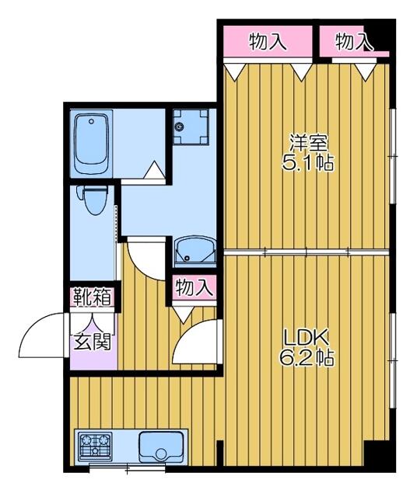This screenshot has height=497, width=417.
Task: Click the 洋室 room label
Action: [x=308, y=144]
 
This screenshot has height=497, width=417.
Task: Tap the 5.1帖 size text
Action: [x=308, y=163]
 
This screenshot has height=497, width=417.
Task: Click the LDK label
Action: [x=306, y=339]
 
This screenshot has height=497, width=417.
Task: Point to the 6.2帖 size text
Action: [x=307, y=358]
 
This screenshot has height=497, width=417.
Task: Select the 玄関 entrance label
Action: [x=93, y=342]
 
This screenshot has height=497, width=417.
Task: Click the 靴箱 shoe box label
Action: [x=93, y=297]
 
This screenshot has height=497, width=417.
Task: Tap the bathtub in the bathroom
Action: [x=91, y=144]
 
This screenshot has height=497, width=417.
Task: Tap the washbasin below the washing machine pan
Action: [x=194, y=251]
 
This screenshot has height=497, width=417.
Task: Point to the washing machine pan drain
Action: [x=180, y=127]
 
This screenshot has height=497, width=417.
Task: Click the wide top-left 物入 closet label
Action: [x=268, y=42]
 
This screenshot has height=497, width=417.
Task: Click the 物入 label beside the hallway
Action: [x=194, y=287]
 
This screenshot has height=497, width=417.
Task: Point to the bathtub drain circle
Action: [x=92, y=121]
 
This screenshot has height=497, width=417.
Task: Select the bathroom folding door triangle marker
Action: [x=154, y=169]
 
